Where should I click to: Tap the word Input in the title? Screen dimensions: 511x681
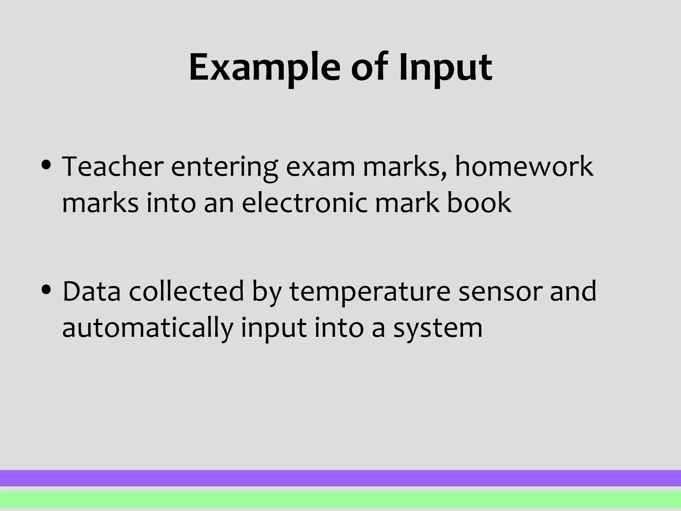pos(446,68)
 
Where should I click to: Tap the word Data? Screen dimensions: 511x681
pos(91,291)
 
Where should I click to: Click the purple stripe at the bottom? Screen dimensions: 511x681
pos(340,478)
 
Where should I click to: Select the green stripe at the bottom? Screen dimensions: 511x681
pos(340,499)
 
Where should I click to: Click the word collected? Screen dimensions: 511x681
pos(186,291)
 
